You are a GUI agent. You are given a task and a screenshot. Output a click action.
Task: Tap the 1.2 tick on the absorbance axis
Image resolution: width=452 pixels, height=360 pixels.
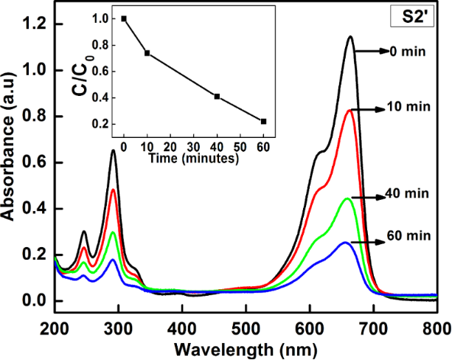(32, 24)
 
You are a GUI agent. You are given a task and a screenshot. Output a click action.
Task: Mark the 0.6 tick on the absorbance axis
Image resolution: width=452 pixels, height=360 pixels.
(32, 162)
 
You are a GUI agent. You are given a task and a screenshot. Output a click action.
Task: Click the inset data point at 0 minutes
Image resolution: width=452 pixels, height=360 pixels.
(124, 18)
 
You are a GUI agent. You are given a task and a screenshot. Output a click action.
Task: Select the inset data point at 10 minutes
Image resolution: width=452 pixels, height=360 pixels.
(147, 53)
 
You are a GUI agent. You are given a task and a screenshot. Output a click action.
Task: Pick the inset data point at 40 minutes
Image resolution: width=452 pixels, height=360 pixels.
(217, 96)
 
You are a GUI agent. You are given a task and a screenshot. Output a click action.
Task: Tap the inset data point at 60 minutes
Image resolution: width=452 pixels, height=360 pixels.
(263, 121)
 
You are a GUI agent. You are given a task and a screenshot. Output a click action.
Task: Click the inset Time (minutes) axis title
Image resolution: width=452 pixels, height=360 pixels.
(192, 157)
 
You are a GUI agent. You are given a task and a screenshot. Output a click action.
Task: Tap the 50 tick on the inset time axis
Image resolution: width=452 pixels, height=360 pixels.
(240, 146)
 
